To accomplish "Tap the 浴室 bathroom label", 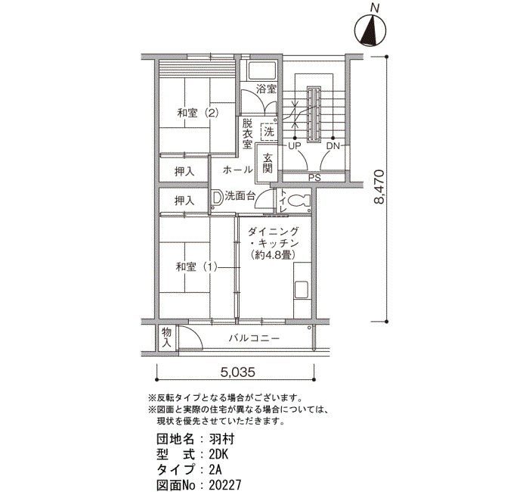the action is [x=266, y=89].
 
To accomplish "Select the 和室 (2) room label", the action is [x=198, y=113].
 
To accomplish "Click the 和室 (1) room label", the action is [x=196, y=267].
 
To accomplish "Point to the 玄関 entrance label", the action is [x=268, y=163].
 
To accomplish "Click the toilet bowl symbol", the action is [x=299, y=201].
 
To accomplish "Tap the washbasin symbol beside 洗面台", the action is [x=217, y=198].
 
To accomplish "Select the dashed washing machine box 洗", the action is [x=269, y=132].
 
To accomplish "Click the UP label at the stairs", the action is [x=295, y=146].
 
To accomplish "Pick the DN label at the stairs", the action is [x=333, y=146].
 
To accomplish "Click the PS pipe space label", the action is [x=314, y=178].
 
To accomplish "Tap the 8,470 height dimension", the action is [x=379, y=187].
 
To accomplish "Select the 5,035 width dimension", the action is [x=237, y=372].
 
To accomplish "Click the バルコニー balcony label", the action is [x=254, y=338].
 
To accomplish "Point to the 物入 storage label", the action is [x=166, y=338].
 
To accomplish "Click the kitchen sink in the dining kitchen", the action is [x=302, y=290].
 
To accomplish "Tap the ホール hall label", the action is [x=237, y=170].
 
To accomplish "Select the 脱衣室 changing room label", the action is [x=247, y=133].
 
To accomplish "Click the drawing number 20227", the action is [x=225, y=485].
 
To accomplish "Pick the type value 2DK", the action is [x=218, y=454].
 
